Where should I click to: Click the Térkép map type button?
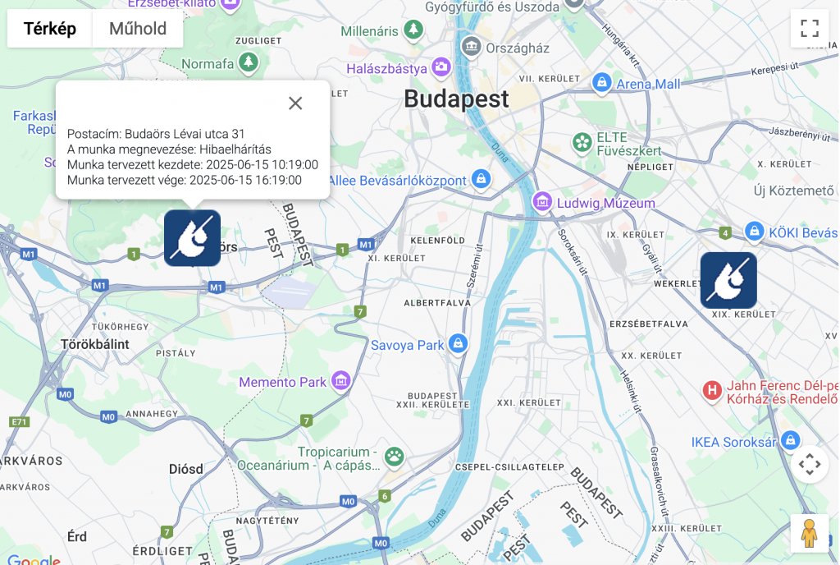coord(50,29)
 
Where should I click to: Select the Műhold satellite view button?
coord(138,29)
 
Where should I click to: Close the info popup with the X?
coord(295,103)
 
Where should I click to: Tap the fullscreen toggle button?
coord(810,28)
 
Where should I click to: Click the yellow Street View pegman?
coord(810,533)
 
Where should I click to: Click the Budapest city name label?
coord(456,99)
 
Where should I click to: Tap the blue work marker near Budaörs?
coord(192,238)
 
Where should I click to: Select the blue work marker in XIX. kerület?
coord(728,280)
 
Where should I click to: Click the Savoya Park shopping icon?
coord(459,344)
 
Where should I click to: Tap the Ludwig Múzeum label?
coord(606,203)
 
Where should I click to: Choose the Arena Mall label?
coord(648,84)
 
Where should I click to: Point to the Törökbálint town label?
coord(95,344)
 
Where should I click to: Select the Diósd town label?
coord(185,469)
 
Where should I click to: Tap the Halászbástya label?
coord(386,68)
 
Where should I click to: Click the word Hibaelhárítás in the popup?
coord(235,149)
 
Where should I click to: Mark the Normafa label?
coord(208,63)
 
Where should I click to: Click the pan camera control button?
coord(810,464)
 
